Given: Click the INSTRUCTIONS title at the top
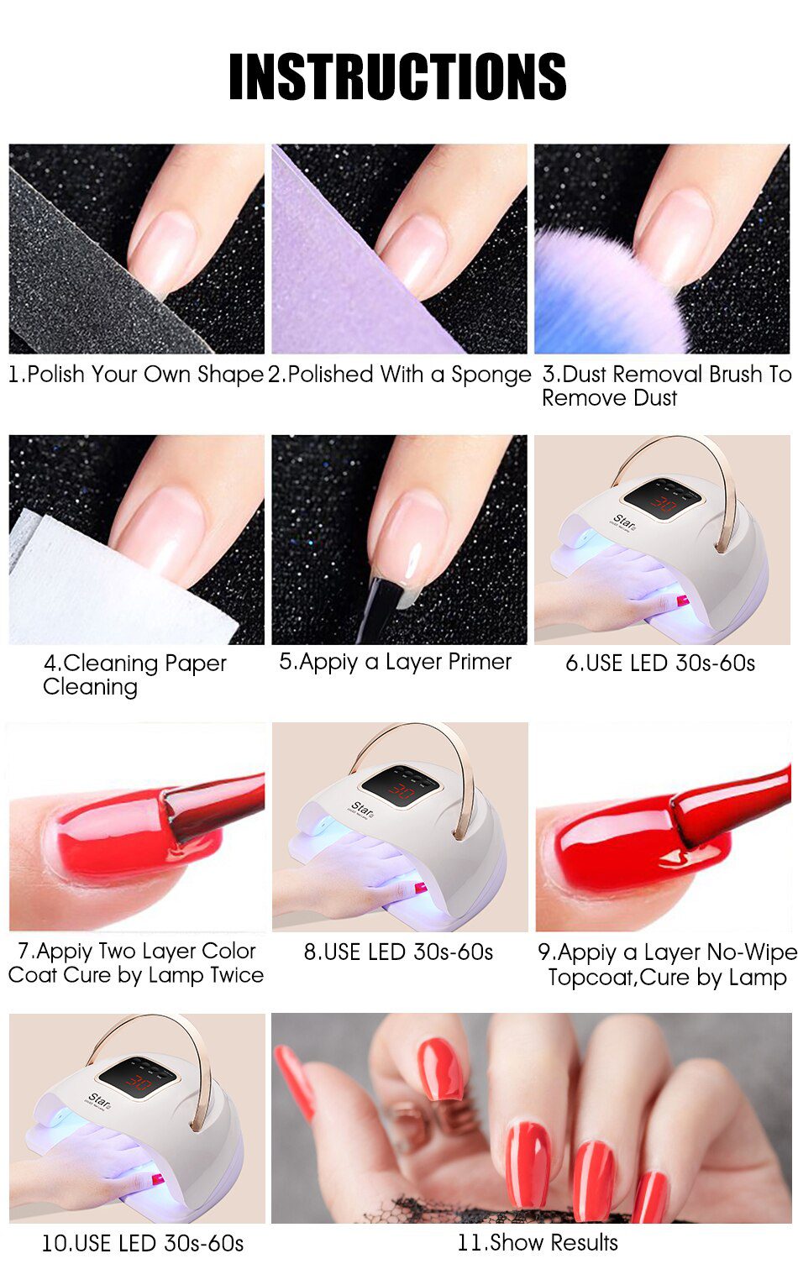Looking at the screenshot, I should click(x=397, y=76).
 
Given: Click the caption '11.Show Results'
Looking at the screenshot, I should click(x=538, y=1243).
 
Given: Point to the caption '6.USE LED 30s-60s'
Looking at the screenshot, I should click(x=660, y=663).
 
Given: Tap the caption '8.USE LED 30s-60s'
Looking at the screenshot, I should click(x=398, y=952).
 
